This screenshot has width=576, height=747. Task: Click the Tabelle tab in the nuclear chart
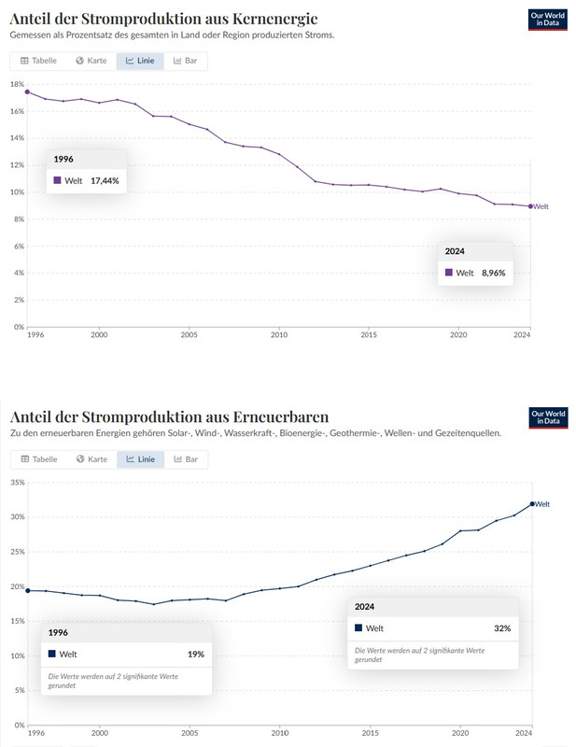[x=38, y=61]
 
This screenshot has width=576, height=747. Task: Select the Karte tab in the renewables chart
[x=93, y=459]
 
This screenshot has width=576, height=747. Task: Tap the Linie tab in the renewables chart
[x=140, y=459]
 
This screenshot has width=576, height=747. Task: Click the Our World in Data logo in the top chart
[x=548, y=21]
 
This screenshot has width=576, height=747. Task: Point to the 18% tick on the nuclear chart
[x=16, y=84]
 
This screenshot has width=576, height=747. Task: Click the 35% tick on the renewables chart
[x=16, y=482]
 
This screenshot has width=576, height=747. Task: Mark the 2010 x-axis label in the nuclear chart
[x=278, y=334]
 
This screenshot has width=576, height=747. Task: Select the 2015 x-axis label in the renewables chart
[x=369, y=734]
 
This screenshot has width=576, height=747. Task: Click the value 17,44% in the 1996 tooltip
[x=105, y=180]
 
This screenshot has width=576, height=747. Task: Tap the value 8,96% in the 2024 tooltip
[x=494, y=273]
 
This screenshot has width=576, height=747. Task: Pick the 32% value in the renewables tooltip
[x=502, y=628]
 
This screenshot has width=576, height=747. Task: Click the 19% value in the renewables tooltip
[x=195, y=655]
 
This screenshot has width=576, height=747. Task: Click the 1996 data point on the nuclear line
[x=27, y=92]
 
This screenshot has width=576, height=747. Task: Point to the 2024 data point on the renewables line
[x=531, y=504]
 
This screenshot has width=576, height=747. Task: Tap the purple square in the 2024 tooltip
[x=449, y=273]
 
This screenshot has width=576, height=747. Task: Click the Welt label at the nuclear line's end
[x=541, y=206]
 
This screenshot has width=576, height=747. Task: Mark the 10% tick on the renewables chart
[x=16, y=656]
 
